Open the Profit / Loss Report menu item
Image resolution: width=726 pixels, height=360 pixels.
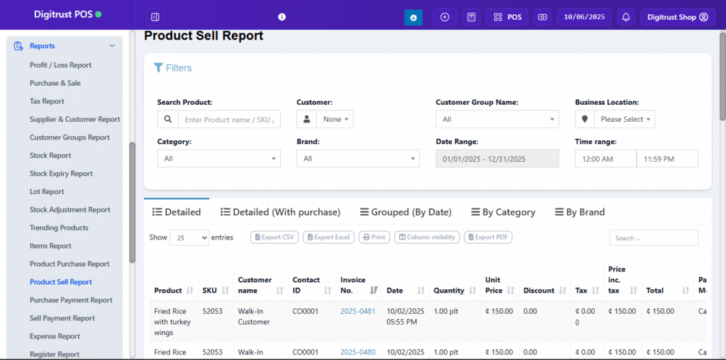pos(60,65)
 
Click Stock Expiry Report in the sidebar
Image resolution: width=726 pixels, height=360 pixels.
pos(61,174)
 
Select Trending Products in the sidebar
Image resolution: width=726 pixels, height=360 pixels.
pos(59,227)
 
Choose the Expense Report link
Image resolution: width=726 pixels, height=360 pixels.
pos(55,336)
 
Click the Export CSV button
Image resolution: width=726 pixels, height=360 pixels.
pos(274,237)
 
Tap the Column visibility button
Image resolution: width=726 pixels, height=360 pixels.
pos(427,237)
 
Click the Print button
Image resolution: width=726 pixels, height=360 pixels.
pos(374,237)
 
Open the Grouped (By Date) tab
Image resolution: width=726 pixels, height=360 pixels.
pos(406,212)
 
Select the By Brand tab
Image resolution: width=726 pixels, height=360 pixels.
pos(579,212)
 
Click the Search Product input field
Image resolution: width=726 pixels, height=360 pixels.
pos(228,120)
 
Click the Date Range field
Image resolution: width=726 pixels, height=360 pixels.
pos(497,159)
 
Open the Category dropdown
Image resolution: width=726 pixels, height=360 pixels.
pos(218,159)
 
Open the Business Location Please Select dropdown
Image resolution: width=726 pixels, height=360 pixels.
pos(624,120)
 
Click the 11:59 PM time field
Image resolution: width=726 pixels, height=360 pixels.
pos(666,159)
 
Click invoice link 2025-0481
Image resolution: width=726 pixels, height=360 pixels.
pos(358,311)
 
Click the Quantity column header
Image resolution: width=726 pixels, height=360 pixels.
pos(449,291)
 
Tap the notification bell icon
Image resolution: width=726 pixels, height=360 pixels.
pos(626,17)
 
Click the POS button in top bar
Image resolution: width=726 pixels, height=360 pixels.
pos(507,17)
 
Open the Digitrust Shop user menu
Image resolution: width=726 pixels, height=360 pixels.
pos(677,17)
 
